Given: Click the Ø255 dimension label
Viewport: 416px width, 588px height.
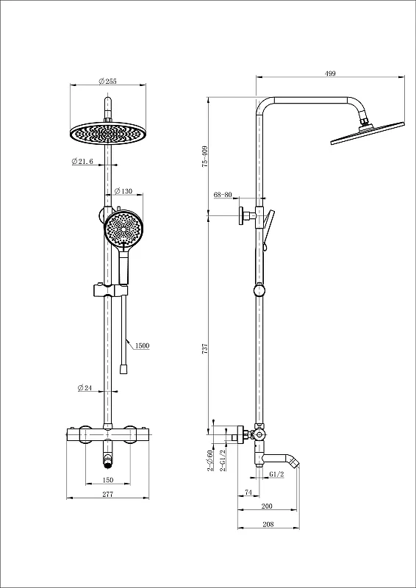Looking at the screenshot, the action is [107, 81].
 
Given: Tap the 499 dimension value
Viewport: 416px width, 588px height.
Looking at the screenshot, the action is [330, 73].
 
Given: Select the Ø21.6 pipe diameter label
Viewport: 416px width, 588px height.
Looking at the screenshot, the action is [82, 161].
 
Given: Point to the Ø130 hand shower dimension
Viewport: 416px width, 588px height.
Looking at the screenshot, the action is [123, 191].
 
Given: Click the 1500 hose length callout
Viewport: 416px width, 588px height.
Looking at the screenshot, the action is [143, 345].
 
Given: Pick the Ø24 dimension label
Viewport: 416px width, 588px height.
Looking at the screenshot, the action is [85, 388].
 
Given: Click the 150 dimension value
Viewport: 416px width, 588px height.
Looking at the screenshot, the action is [107, 480].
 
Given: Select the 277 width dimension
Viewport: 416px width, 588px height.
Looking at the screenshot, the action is [107, 494].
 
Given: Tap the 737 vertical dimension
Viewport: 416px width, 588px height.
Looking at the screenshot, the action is [205, 348].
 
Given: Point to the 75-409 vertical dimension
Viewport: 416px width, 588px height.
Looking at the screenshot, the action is [205, 157].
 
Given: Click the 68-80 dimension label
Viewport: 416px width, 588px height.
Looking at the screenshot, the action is [223, 195].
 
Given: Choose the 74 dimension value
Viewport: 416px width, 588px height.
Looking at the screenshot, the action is [248, 491].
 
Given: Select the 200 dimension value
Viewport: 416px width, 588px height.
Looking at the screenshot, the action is [267, 506].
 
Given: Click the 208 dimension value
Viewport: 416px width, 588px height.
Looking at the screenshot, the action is [268, 524].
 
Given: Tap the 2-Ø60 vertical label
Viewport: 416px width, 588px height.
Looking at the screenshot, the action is [211, 460].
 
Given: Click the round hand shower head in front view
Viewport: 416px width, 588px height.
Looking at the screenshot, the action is [123, 228].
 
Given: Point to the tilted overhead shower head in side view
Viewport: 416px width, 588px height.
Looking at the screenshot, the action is [367, 133].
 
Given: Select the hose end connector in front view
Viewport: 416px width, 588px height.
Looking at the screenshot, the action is [123, 369].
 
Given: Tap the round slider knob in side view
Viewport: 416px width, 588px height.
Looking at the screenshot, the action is [259, 290].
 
